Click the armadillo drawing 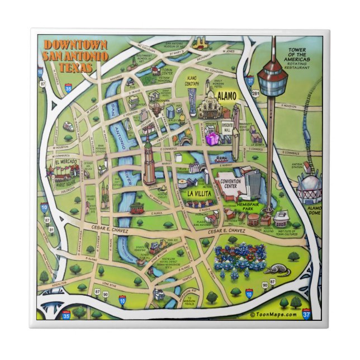[273, 270]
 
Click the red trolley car [136, 208]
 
